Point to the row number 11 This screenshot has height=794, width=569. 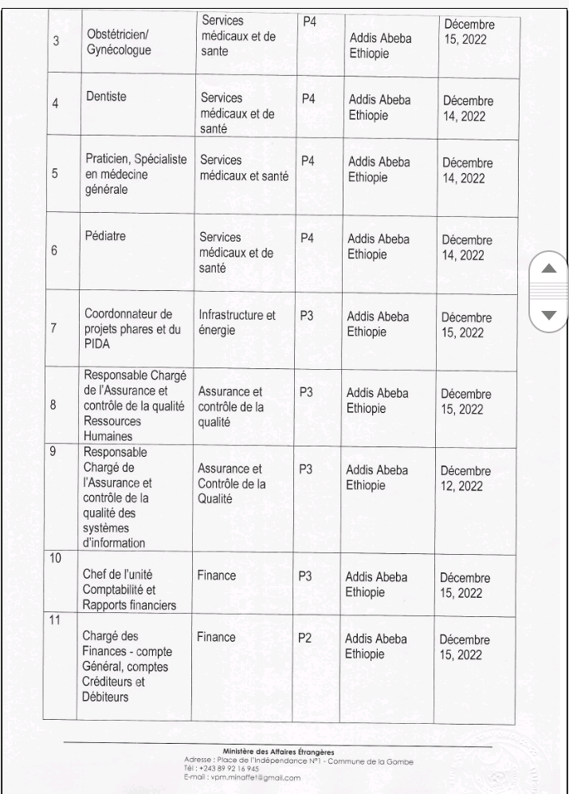(56, 620)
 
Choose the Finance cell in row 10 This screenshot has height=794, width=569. (216, 573)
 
